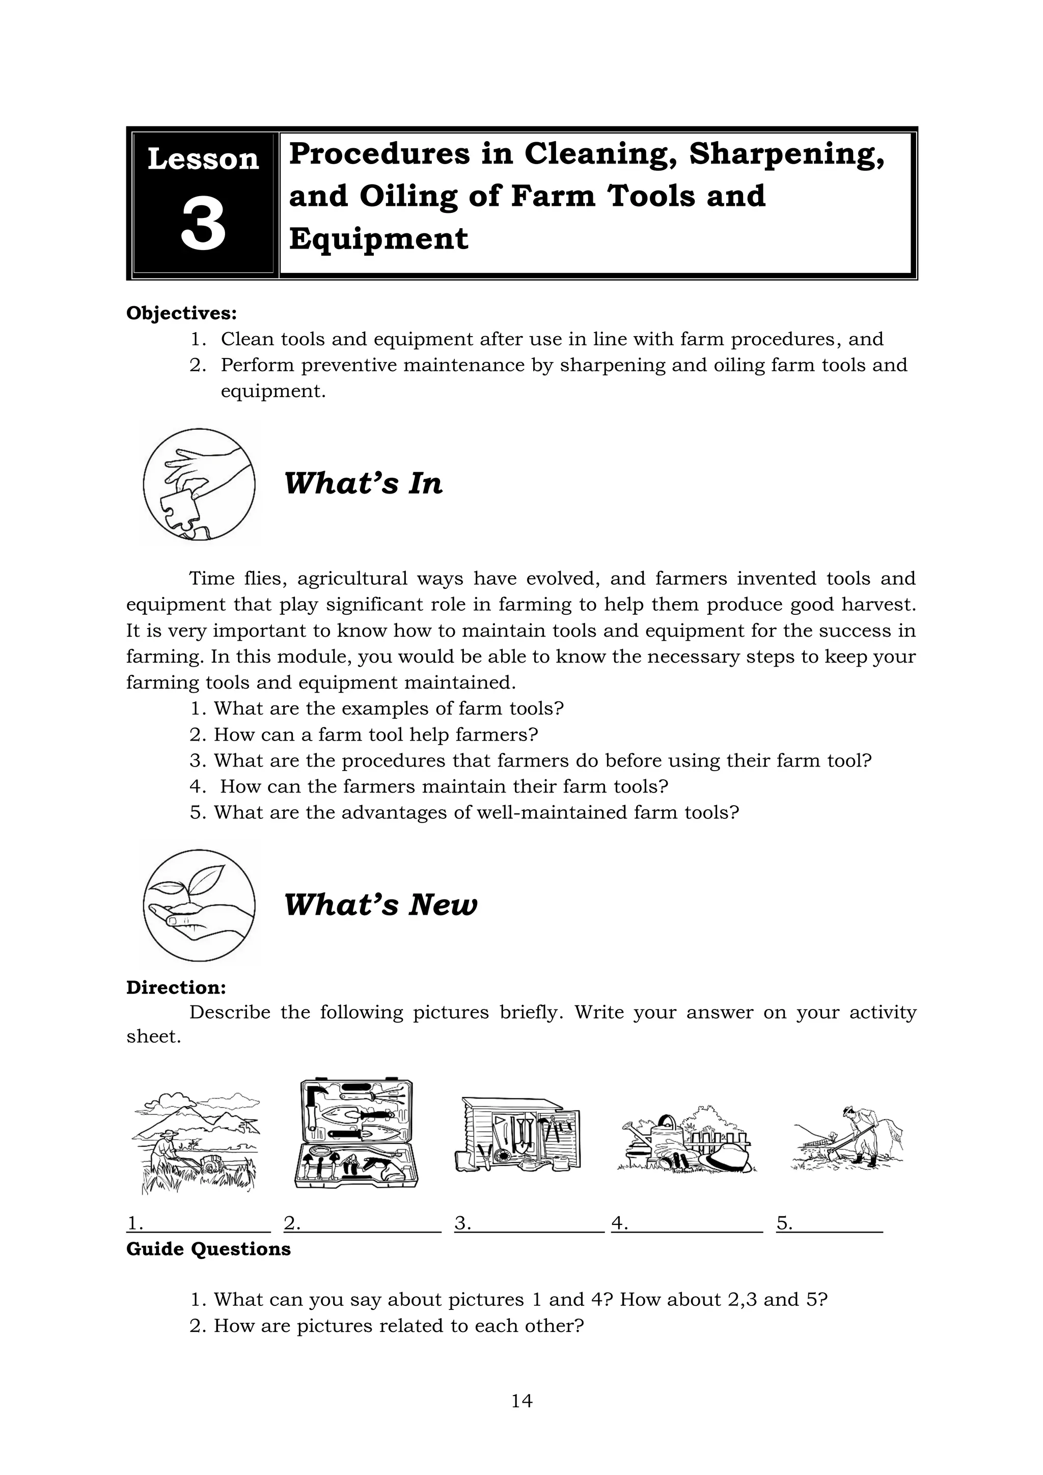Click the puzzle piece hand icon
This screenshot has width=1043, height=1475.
199,483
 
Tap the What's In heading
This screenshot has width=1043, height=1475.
363,483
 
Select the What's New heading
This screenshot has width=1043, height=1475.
380,905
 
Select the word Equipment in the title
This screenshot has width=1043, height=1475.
378,238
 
